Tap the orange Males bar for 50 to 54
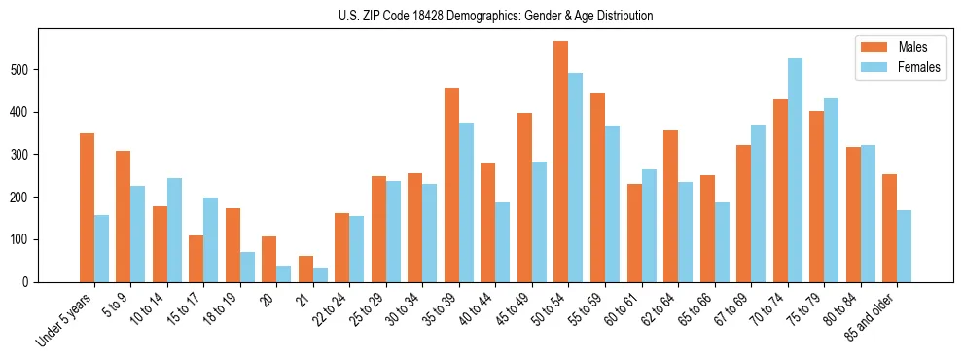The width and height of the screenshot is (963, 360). pos(561,162)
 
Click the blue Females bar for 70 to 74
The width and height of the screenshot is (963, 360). pos(795,170)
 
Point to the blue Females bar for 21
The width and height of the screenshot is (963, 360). pos(320,274)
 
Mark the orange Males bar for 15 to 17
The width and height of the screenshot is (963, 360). pos(196,259)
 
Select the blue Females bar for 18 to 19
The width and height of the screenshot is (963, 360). pos(247,267)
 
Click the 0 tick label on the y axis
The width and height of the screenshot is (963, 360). pos(32,282)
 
